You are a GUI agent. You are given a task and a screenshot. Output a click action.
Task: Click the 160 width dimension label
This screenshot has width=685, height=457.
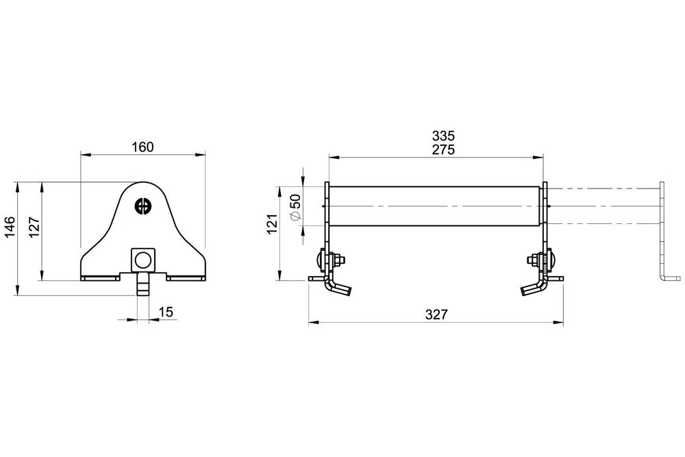pyautogui.click(x=143, y=147)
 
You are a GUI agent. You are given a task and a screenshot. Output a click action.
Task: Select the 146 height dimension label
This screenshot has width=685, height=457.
pyautogui.click(x=10, y=227)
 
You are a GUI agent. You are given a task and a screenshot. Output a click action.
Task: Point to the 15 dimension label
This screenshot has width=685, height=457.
pyautogui.click(x=166, y=312)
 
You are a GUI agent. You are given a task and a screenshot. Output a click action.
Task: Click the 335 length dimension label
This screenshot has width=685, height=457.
pyautogui.click(x=443, y=136)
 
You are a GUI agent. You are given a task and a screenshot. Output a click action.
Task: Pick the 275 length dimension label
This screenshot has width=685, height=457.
pyautogui.click(x=443, y=150)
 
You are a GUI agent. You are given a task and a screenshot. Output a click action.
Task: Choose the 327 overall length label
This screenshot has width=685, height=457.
pyautogui.click(x=436, y=314)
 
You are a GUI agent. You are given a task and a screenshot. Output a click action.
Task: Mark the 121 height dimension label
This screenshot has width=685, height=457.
pyautogui.click(x=273, y=223)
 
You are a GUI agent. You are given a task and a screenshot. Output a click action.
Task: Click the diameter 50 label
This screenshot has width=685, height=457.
pyautogui.click(x=295, y=207)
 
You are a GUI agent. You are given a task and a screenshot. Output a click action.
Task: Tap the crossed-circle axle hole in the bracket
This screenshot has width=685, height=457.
pyautogui.click(x=142, y=206)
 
